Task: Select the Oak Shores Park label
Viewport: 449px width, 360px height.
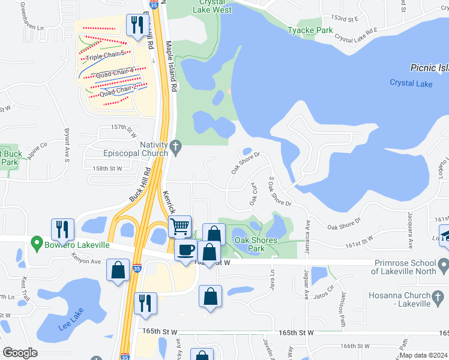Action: (x=256, y=244)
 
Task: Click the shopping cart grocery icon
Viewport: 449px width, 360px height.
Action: (x=180, y=227)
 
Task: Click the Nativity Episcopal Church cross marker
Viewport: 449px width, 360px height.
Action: (x=175, y=146)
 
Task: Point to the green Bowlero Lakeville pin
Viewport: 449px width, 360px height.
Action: (x=36, y=245)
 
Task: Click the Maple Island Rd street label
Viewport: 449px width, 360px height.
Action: (x=173, y=70)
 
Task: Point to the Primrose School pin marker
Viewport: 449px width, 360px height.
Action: (x=444, y=264)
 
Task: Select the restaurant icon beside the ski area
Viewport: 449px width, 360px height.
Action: (x=137, y=26)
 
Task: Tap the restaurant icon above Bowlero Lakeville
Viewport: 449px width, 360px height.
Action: (x=62, y=229)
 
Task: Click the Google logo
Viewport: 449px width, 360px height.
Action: (x=20, y=353)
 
